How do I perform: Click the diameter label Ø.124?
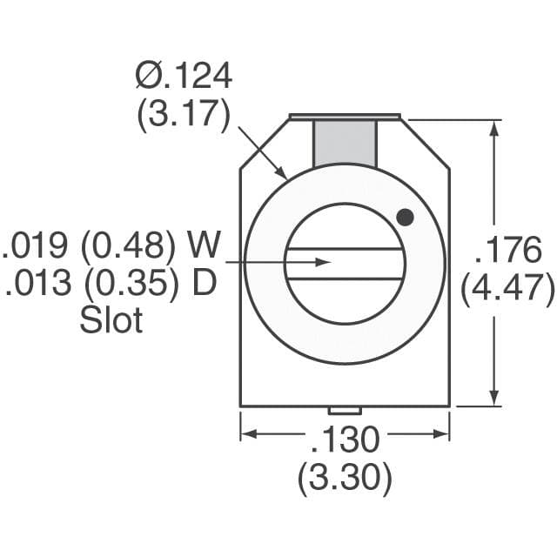pyautogui.click(x=184, y=77)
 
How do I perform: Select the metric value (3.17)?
pyautogui.click(x=184, y=115)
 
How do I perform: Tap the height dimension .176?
pyautogui.click(x=507, y=251)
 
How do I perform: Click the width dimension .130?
pyautogui.click(x=345, y=440)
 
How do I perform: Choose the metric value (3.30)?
pyautogui.click(x=345, y=478)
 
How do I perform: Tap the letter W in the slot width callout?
pyautogui.click(x=205, y=246)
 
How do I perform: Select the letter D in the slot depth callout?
pyautogui.click(x=203, y=284)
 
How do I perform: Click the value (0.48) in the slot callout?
pyautogui.click(x=128, y=246)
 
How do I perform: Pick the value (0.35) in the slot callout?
pyautogui.click(x=128, y=284)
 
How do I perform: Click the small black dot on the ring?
pyautogui.click(x=404, y=217)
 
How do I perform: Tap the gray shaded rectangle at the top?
pyautogui.click(x=345, y=141)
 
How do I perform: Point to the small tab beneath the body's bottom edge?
pyautogui.click(x=345, y=410)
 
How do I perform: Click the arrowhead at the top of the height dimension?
pyautogui.click(x=494, y=127)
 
